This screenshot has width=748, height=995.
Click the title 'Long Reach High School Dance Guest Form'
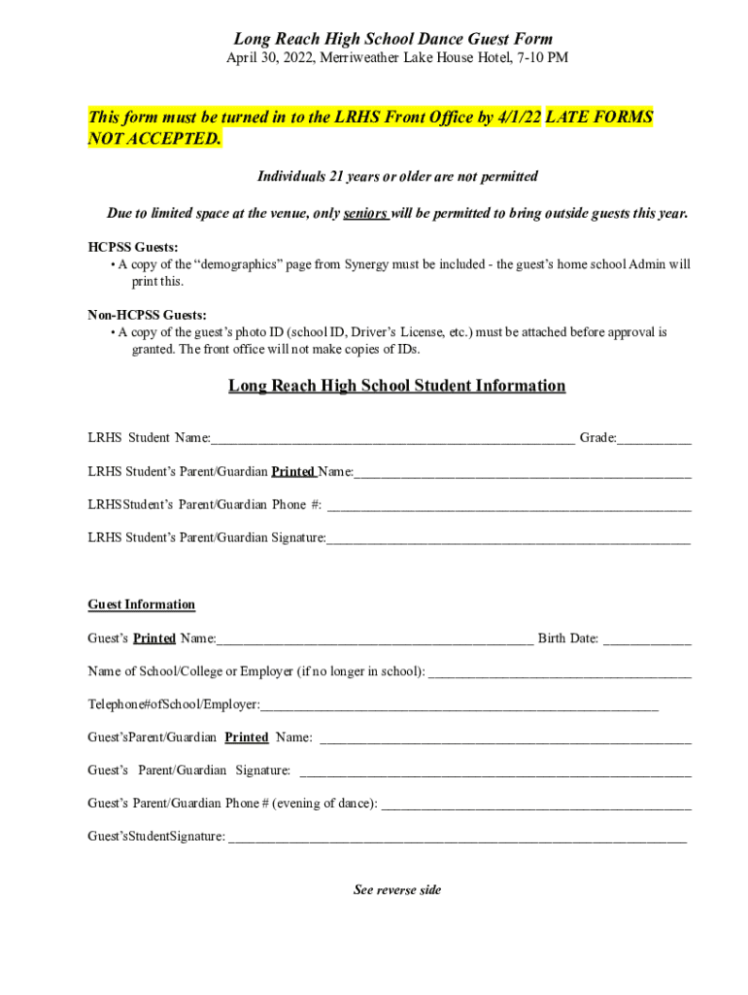[392, 39]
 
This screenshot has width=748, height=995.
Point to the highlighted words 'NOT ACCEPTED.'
[154, 139]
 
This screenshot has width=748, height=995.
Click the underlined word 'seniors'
[365, 214]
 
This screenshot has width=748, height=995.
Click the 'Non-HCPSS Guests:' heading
[147, 315]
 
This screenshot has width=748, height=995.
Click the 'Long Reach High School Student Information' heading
[396, 386]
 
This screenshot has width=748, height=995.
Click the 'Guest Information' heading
[141, 604]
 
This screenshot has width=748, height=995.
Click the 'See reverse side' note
[396, 890]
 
